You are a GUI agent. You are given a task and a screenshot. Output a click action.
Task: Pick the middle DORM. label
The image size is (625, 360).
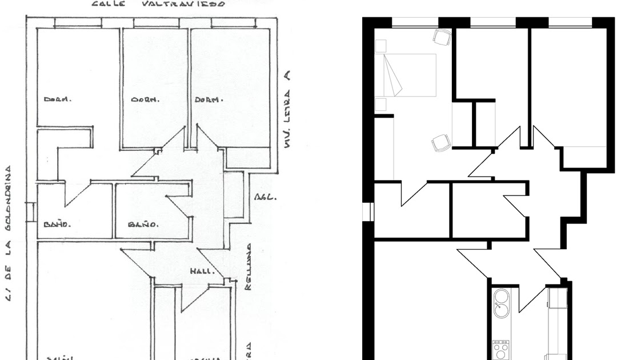(145, 99)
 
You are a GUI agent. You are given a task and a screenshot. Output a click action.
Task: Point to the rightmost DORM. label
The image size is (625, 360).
(208, 99)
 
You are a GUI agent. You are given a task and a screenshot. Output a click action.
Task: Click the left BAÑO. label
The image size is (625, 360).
(57, 224)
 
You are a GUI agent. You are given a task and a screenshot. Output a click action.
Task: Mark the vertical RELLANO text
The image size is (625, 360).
(248, 266)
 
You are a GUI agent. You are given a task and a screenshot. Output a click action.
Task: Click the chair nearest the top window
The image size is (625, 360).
(442, 37)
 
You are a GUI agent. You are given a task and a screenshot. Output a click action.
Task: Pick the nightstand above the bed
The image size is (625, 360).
(380, 46)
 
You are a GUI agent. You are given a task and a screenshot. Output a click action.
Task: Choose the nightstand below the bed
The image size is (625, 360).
(380, 103)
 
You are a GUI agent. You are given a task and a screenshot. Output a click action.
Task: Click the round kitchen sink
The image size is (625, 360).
(502, 303)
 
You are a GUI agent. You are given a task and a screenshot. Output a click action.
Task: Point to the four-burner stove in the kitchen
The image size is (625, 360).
(501, 349)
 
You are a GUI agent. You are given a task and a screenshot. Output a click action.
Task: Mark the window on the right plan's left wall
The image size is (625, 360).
(367, 211)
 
